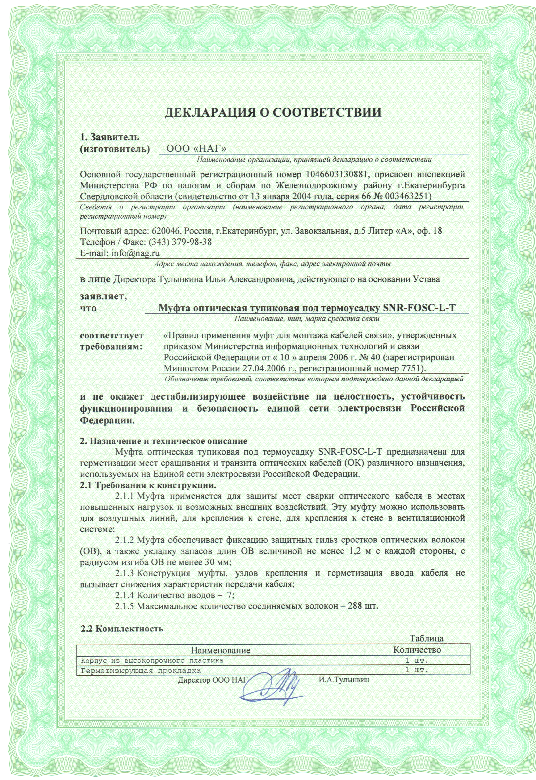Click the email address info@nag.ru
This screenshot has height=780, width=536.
click(x=135, y=253)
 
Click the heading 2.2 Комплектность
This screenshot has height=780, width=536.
click(x=122, y=629)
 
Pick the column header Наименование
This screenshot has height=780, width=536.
click(x=220, y=650)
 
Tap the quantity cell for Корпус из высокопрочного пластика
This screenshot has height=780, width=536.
click(x=417, y=660)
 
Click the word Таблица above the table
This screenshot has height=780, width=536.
click(x=427, y=638)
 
